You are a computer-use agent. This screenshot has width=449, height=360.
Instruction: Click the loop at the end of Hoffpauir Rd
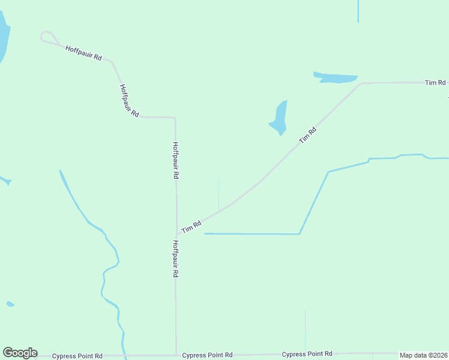(x=47, y=37)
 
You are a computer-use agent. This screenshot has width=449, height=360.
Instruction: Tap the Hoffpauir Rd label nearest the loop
(x=83, y=52)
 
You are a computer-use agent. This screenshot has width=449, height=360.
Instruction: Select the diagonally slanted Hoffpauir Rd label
(x=129, y=100)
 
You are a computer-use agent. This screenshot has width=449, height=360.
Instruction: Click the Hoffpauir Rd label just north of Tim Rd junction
(x=175, y=161)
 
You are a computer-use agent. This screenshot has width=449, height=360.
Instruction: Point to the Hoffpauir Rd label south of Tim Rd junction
(x=175, y=259)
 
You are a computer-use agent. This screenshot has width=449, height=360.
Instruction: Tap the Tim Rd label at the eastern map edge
(x=435, y=82)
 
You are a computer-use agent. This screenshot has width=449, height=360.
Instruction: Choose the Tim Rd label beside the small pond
(x=307, y=135)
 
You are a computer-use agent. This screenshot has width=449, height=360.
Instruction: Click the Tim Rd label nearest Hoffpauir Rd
(x=191, y=227)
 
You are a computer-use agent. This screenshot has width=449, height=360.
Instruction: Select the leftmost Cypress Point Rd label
(x=77, y=356)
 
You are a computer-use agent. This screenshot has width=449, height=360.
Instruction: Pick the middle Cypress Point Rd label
(x=207, y=355)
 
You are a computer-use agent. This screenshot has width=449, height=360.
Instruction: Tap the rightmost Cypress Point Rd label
(x=307, y=354)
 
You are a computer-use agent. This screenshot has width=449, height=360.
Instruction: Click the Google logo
(x=20, y=353)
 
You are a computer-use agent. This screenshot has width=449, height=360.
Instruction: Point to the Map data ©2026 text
(x=423, y=355)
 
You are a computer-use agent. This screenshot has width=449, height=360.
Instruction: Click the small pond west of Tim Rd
(x=279, y=118)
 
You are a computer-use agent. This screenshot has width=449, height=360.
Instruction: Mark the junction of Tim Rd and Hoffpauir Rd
(x=176, y=234)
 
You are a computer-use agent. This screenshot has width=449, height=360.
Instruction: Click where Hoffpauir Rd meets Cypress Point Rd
(x=176, y=355)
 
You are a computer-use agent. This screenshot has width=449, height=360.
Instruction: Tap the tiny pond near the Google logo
(x=10, y=304)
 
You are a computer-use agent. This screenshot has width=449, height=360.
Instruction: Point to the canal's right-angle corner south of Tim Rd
(x=300, y=234)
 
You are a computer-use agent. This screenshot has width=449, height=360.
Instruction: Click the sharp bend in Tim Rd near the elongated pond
(x=361, y=83)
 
